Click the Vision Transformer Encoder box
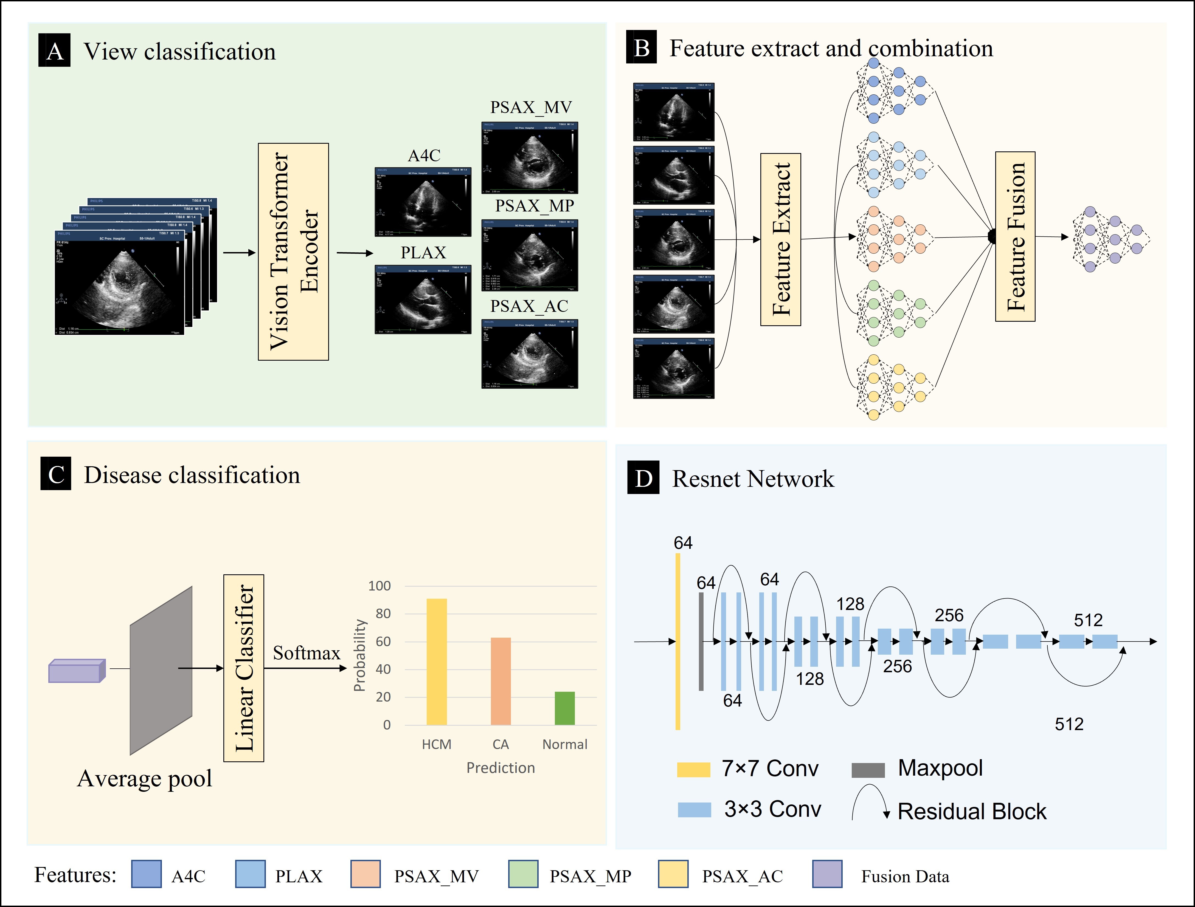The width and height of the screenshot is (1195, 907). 293,252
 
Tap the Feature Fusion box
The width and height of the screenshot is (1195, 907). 1015,236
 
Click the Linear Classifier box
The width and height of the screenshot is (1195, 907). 244,668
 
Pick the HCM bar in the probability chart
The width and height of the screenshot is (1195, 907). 437,661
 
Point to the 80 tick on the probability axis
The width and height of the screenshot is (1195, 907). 383,614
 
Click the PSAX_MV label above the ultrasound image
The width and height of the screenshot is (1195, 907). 530,108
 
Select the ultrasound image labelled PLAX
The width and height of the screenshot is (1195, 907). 423,299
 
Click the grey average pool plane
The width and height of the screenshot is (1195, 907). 161,670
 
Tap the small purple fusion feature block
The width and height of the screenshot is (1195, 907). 76,671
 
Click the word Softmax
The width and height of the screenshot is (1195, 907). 306,653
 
